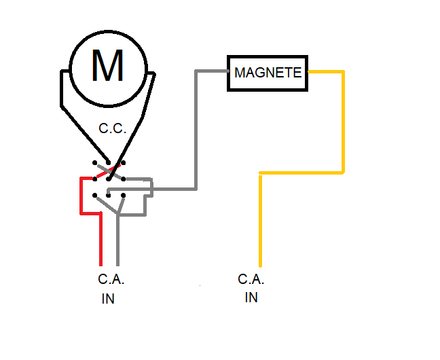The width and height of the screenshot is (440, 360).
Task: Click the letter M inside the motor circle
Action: [107, 66]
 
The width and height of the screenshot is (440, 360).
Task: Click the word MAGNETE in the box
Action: [268, 72]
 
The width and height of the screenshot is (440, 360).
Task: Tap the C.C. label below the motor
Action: [113, 128]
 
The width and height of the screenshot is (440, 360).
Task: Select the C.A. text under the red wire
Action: [111, 279]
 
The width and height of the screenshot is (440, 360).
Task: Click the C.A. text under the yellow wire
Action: [251, 279]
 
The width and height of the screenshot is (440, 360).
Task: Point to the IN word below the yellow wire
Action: [251, 298]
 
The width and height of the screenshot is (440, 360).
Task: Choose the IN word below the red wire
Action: [108, 299]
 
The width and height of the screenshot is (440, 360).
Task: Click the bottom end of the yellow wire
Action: [260, 264]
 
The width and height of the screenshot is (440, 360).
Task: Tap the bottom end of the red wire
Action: [101, 264]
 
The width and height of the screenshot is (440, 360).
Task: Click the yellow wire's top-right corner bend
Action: [344, 71]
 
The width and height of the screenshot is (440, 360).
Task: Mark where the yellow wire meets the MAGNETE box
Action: [310, 71]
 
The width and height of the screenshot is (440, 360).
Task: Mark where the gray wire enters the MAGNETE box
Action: [227, 71]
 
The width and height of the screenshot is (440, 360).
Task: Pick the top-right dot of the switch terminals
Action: [124, 163]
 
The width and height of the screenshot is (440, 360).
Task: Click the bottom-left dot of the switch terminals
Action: [94, 196]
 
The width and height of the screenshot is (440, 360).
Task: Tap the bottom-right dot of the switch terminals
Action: [124, 196]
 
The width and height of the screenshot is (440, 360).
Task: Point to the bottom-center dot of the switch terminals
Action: [109, 196]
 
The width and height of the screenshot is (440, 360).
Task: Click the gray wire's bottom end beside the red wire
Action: [118, 264]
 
